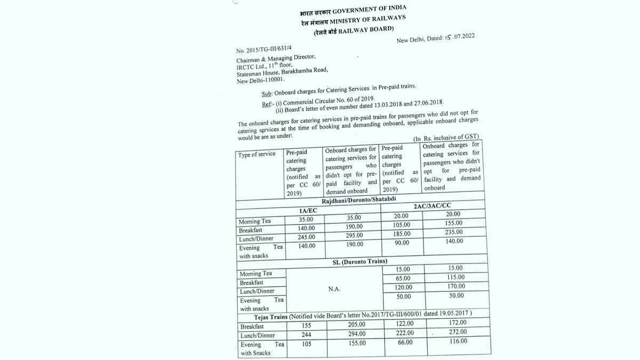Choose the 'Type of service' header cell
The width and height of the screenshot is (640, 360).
point(257,154)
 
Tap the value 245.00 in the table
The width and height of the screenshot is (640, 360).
point(307,237)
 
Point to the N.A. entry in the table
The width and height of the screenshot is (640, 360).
point(335,289)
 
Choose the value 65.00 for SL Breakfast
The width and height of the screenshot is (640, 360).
point(404,278)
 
